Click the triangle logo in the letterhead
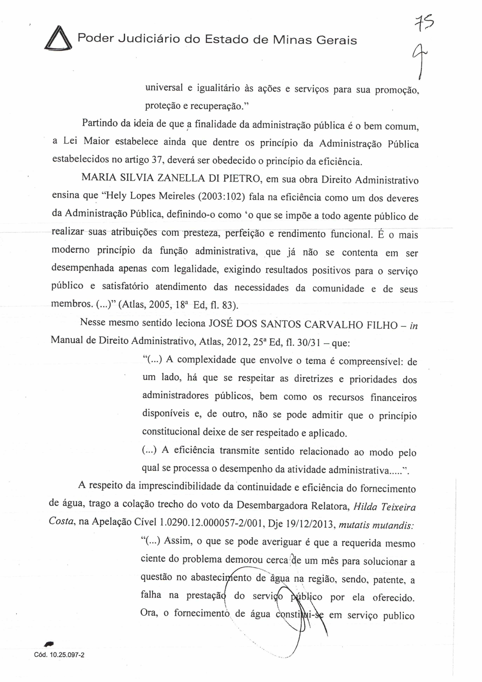58,39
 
